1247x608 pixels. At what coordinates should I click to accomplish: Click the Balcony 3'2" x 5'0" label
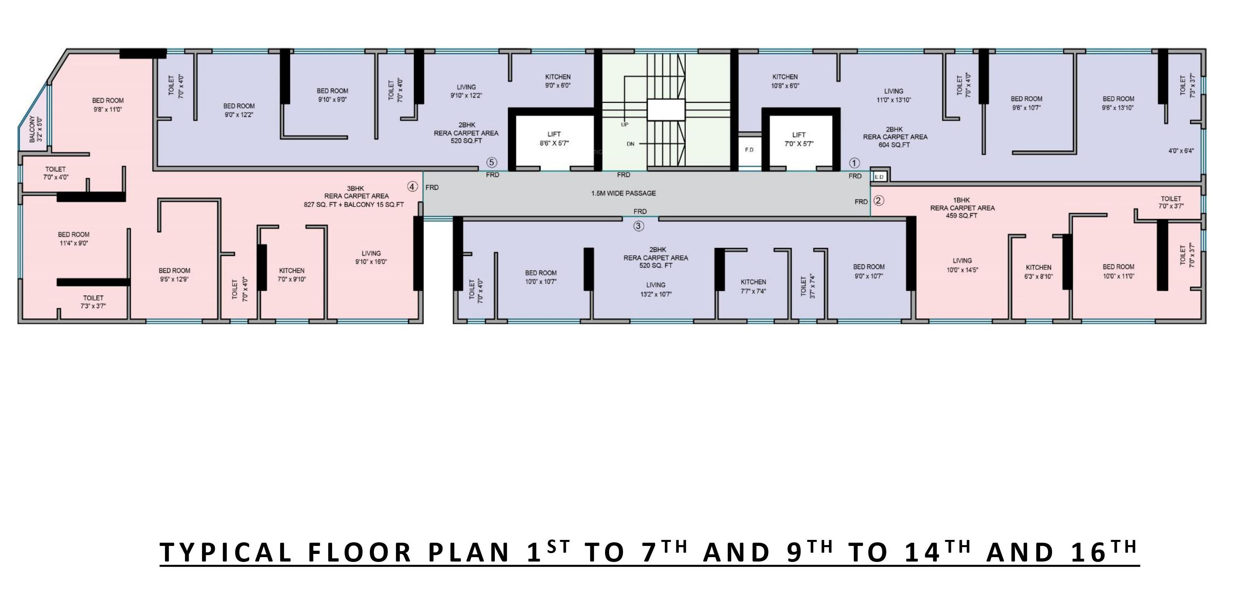[x=35, y=129]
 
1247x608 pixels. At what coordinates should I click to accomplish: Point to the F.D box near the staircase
[x=749, y=149]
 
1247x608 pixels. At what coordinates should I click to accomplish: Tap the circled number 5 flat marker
[x=492, y=163]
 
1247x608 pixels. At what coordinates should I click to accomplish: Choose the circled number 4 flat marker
[x=412, y=187]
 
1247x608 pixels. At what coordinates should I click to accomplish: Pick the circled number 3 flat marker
[x=638, y=226]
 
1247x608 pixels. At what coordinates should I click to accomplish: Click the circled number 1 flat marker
[x=854, y=163]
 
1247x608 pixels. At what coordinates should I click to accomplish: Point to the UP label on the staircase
[x=624, y=124]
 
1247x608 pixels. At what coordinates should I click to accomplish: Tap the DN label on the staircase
[x=630, y=144]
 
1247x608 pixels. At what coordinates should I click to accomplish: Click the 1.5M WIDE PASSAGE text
[x=623, y=193]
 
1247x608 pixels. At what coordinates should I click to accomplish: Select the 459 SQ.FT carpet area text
[x=962, y=216]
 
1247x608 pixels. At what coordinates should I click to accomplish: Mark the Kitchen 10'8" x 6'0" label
[x=785, y=81]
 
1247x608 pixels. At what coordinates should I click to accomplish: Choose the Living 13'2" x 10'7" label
[x=656, y=290]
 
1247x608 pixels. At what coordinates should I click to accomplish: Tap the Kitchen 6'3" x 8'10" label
[x=1038, y=272]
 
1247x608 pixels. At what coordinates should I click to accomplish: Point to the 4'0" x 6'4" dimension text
[x=1181, y=151]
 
